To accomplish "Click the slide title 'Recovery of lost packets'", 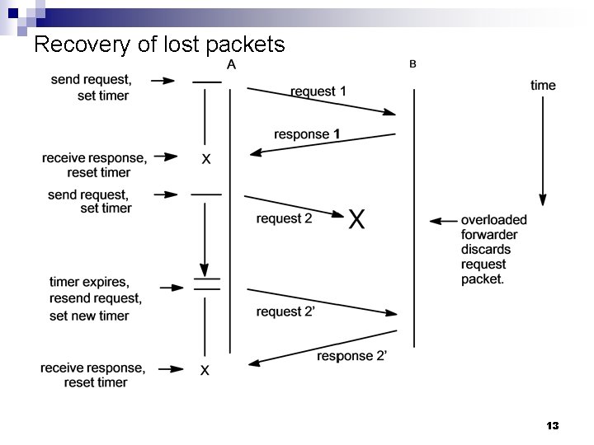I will point(159,44).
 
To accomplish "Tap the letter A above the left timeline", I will point(231,65).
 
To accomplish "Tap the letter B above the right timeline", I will point(412,64).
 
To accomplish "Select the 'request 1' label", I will point(318,91).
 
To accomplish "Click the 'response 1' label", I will point(308,133).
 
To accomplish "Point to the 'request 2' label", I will point(284,218).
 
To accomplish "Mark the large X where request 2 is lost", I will point(356,219).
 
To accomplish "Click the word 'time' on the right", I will point(543,85).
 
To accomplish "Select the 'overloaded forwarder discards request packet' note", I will point(493,250).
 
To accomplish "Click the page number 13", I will point(553,425).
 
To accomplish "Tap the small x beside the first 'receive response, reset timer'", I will point(205,159).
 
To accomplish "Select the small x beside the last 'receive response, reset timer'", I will point(205,371).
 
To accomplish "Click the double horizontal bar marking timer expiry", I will point(206,284).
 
